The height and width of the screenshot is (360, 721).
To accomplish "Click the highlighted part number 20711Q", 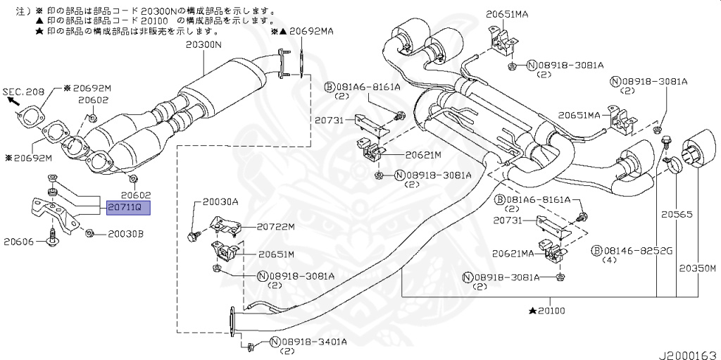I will coord(127,208).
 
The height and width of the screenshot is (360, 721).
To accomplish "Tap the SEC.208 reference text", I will coord(22,92).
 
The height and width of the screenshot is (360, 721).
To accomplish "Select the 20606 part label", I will coord(20,241).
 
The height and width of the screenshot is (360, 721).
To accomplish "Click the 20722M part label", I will coord(275,226).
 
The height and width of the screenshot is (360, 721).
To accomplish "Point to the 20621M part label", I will coord(422,155).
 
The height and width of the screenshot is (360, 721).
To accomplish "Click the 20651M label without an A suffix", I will coord(275,254).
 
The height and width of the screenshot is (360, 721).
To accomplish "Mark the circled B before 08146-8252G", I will coord(596,250).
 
